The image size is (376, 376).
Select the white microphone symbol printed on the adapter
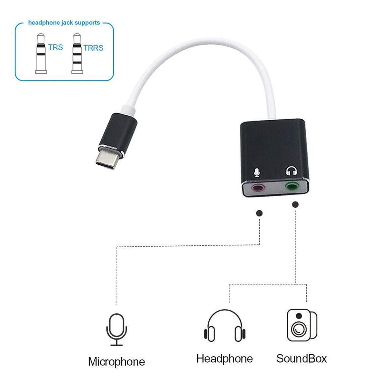point(257,172)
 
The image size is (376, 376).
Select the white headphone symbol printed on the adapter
point(291,171)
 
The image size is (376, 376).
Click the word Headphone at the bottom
point(224,359)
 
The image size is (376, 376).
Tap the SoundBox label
point(302,359)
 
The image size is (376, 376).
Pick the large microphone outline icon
point(116,330)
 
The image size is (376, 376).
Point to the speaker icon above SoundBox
point(302,325)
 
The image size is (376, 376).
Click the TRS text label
point(55,47)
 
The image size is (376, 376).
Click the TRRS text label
point(93,48)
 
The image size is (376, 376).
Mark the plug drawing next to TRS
point(41,53)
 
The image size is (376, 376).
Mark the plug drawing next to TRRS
point(77,53)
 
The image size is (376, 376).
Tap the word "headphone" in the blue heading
point(44,22)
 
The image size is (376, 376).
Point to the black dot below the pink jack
point(259,213)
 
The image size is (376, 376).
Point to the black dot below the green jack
point(295,205)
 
